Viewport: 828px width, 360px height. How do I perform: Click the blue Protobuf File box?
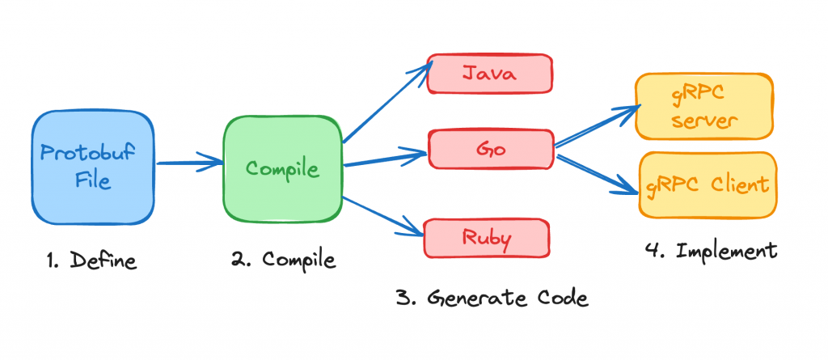pyautogui.click(x=93, y=167)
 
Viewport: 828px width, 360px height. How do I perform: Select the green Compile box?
pyautogui.click(x=283, y=168)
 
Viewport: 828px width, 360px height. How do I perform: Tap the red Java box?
pyautogui.click(x=489, y=74)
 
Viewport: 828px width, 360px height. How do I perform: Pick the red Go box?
pyautogui.click(x=489, y=150)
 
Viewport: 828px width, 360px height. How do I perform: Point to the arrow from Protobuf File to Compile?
pyautogui.click(x=190, y=164)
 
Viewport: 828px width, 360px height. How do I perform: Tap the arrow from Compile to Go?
pyautogui.click(x=385, y=159)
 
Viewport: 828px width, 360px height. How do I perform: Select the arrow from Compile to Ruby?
pyautogui.click(x=384, y=216)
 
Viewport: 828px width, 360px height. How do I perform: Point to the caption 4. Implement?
pyautogui.click(x=712, y=250)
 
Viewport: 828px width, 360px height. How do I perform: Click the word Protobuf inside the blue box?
pyautogui.click(x=93, y=154)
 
